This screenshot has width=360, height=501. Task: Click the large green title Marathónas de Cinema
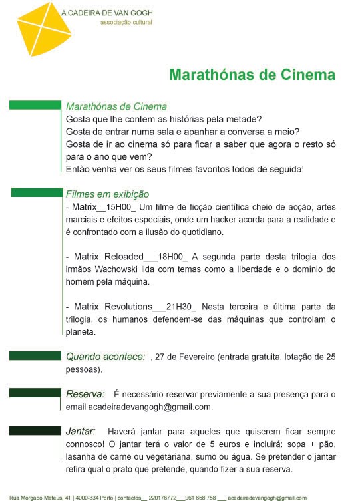[x=252, y=73]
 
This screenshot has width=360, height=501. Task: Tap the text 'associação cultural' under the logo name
[x=126, y=22]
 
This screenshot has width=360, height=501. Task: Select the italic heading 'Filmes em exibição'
[x=107, y=194]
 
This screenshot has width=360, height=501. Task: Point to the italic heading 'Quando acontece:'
[x=105, y=357]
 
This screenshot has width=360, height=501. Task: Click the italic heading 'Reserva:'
[x=85, y=395]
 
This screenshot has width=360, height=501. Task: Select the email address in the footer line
[x=267, y=497]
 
